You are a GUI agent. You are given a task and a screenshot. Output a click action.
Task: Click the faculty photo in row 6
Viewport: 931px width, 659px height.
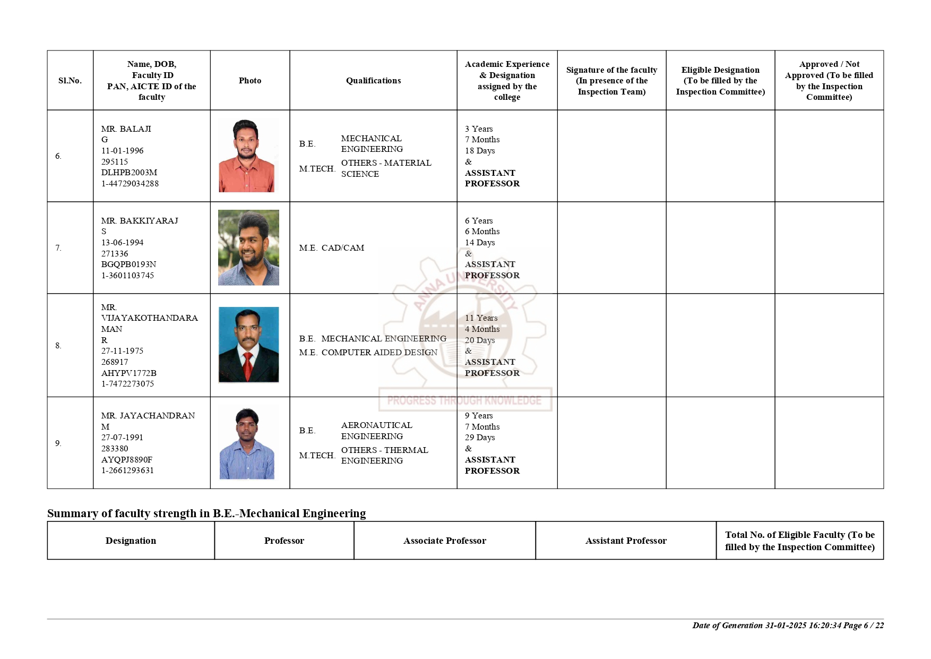click(247, 156)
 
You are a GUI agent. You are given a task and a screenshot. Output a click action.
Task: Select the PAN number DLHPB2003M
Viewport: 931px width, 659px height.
click(129, 173)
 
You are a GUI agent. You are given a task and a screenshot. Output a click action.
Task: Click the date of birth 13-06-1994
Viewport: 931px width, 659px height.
click(122, 243)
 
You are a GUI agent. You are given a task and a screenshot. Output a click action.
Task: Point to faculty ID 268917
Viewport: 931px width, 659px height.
click(115, 362)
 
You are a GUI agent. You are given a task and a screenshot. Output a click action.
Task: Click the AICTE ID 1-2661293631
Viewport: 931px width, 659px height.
click(127, 470)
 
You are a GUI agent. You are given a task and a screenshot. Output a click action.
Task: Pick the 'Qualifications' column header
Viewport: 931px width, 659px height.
click(373, 81)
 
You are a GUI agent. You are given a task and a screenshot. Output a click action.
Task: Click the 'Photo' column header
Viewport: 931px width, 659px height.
click(250, 81)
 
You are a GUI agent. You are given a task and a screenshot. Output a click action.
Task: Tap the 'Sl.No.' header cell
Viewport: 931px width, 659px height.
click(70, 81)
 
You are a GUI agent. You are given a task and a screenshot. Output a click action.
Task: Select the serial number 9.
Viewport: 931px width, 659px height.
click(58, 443)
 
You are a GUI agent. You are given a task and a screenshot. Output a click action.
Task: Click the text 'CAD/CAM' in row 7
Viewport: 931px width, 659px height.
click(343, 248)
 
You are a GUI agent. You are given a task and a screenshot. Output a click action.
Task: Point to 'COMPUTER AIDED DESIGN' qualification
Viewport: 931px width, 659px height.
click(379, 353)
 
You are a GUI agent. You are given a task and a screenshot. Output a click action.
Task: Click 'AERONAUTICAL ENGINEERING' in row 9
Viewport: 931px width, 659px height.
click(376, 431)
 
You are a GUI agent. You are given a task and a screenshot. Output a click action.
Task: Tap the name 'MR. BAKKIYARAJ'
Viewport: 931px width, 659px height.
click(140, 221)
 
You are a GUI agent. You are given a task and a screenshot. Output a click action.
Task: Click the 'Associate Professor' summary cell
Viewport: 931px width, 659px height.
click(444, 541)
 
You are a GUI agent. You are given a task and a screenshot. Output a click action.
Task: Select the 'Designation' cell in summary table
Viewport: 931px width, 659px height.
click(131, 541)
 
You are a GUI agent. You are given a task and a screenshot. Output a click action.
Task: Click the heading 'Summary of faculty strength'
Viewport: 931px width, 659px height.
click(206, 513)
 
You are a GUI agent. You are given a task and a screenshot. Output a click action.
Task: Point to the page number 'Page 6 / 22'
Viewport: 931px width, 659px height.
click(863, 626)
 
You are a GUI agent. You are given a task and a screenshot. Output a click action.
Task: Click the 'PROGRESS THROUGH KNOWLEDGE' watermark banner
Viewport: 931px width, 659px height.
click(464, 400)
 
